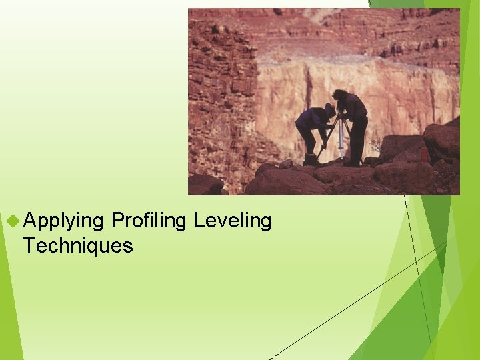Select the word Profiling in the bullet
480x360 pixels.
tap(149, 221)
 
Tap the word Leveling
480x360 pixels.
tap(233, 221)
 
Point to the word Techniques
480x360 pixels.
tap(78, 246)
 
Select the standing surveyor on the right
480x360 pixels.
tap(353, 127)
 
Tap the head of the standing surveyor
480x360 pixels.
tap(341, 95)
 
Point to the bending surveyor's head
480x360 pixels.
tap(329, 110)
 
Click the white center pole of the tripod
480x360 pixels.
tap(341, 140)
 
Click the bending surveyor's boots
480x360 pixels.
tap(311, 160)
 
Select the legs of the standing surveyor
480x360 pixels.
tap(357, 143)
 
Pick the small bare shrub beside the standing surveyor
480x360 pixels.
tap(376, 143)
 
